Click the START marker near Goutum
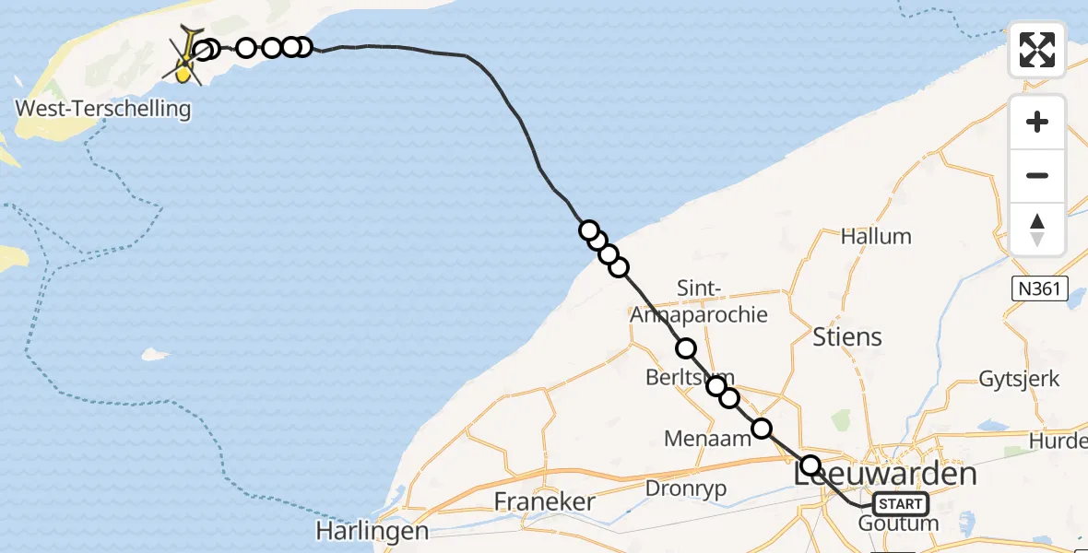tap(900, 504)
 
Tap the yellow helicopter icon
tap(187, 57)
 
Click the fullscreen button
tap(1037, 50)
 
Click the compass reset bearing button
tap(1037, 229)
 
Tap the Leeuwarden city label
tap(885, 475)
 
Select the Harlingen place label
tap(373, 531)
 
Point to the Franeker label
tap(544, 501)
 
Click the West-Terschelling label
tap(103, 109)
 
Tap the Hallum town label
tap(876, 236)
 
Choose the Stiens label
tap(847, 336)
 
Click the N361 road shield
tap(1039, 289)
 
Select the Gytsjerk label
tap(1019, 379)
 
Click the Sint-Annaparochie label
tap(698, 301)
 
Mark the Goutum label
tap(898, 524)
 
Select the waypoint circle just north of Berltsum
tap(686, 348)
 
